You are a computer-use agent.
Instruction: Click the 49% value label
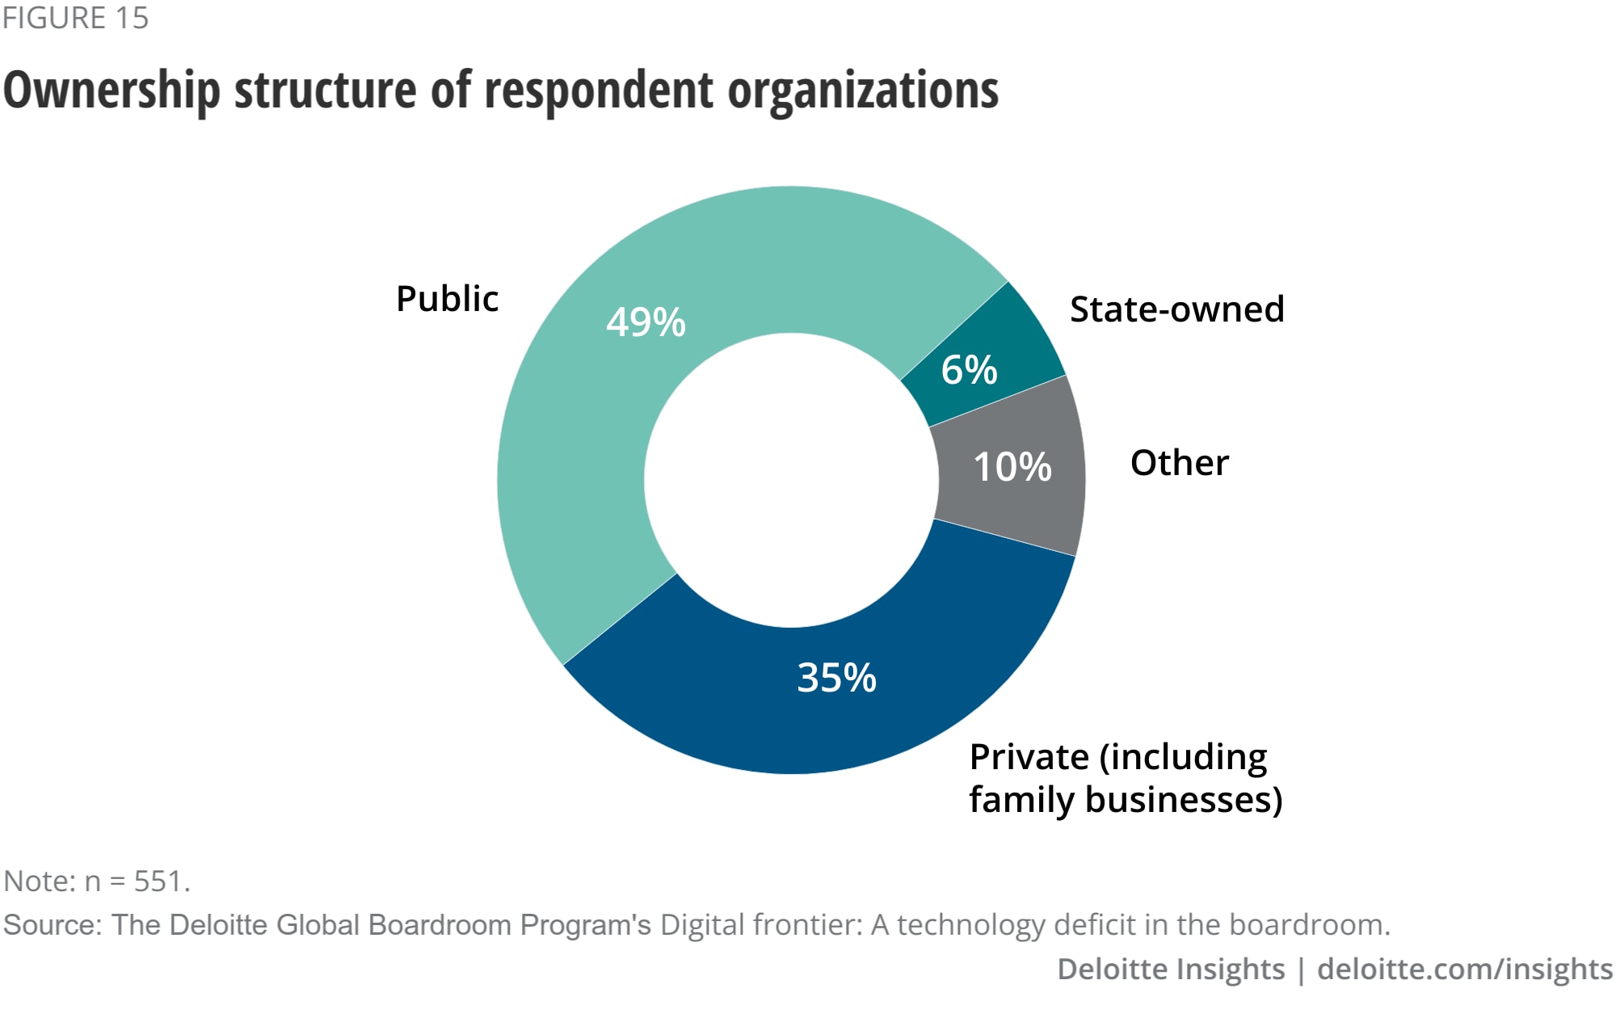(646, 322)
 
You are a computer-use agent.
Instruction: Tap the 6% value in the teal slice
(969, 370)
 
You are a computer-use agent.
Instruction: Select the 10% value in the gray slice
(1012, 467)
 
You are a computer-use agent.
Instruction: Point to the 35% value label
(836, 677)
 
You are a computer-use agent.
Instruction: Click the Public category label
(447, 299)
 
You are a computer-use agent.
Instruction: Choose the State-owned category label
(1176, 309)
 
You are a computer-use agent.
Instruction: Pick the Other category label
(1179, 463)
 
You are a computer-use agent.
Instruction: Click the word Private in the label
(1029, 757)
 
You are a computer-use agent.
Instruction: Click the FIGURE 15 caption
(75, 18)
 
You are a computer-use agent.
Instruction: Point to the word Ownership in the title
(112, 90)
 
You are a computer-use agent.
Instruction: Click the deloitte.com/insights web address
(1464, 969)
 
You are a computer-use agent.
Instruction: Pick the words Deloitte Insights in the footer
(1170, 969)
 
